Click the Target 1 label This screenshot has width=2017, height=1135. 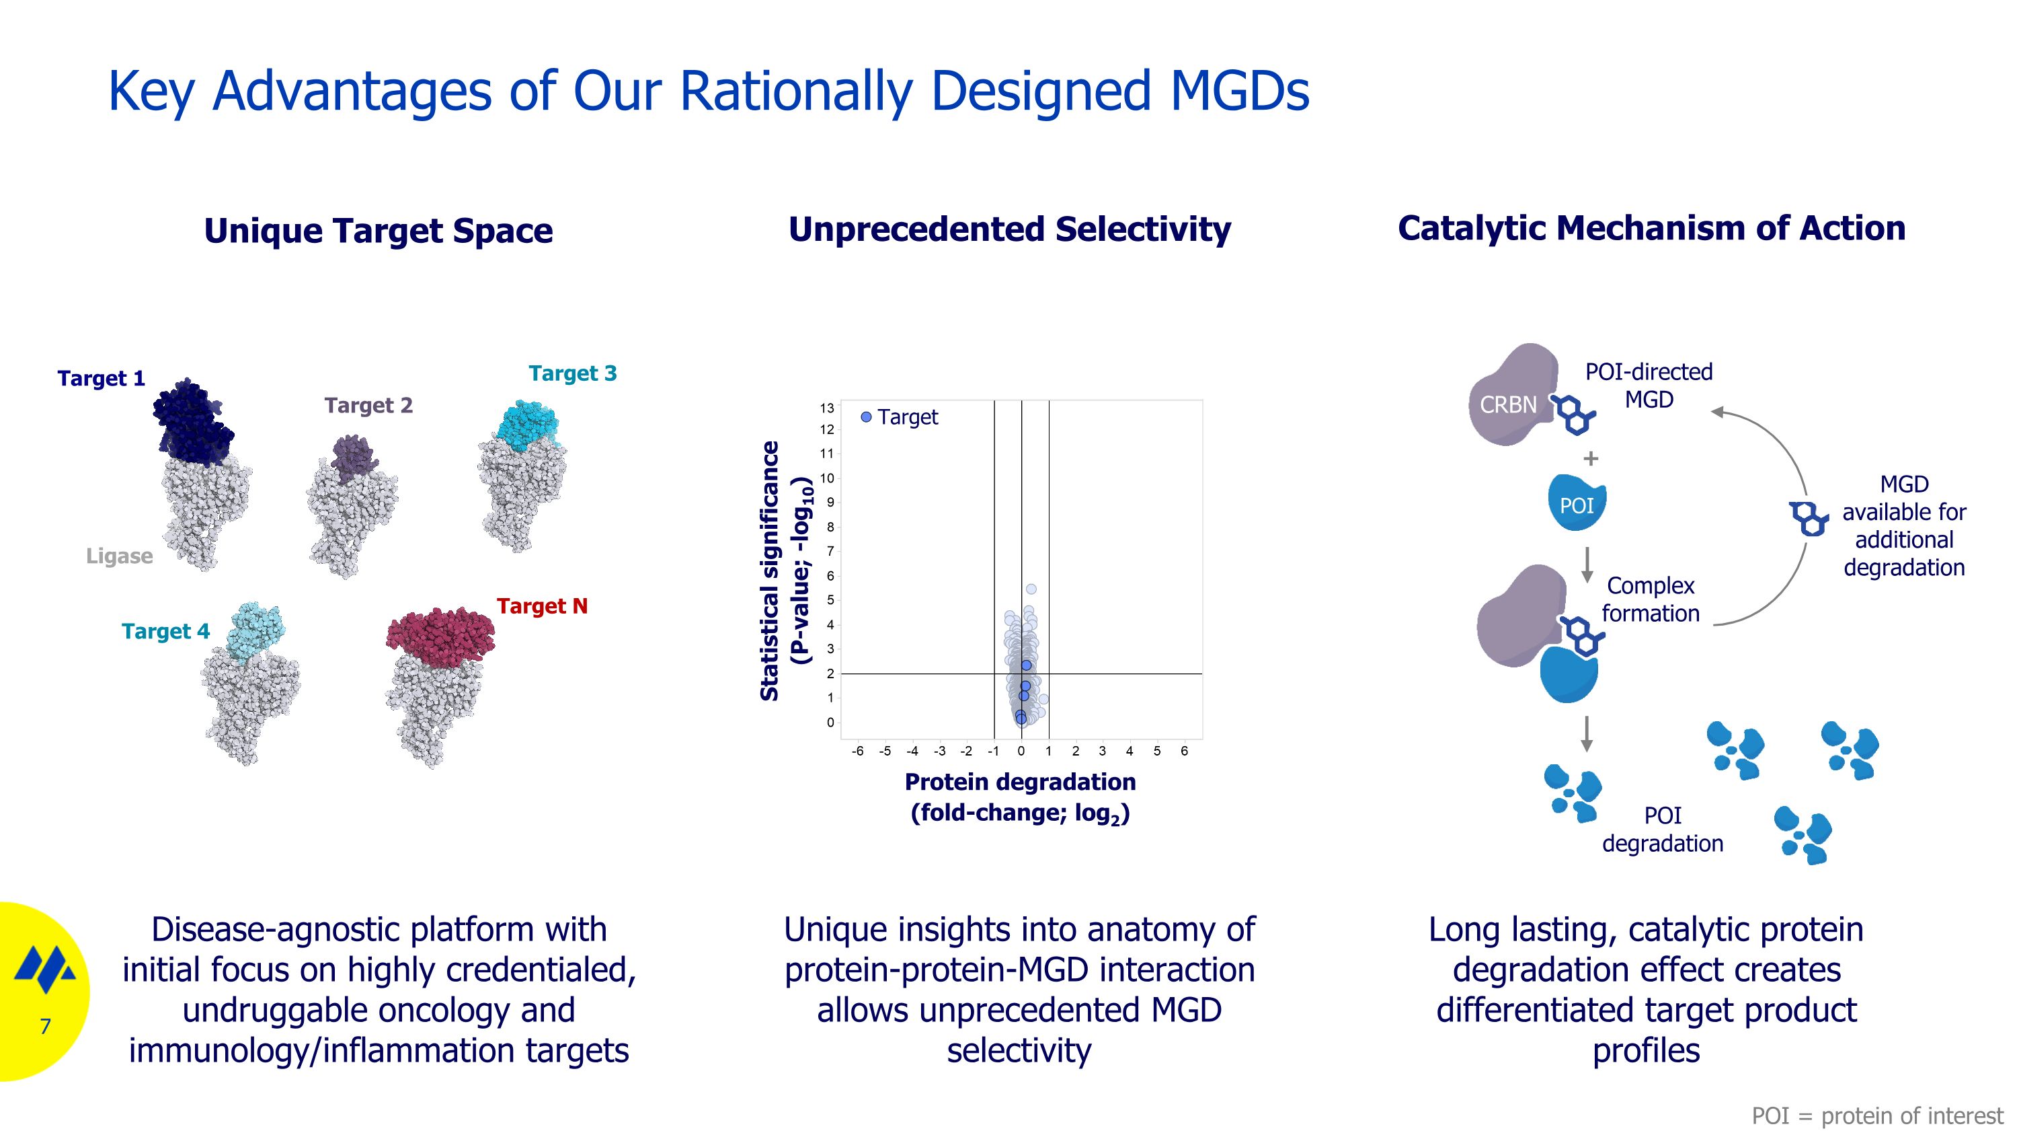101,378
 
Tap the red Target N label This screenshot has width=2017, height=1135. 542,606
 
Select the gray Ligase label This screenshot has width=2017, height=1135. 119,556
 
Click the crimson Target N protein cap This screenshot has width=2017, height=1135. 440,631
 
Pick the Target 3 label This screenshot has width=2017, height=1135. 572,373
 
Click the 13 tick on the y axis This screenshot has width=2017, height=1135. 827,408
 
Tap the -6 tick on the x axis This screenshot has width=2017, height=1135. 857,752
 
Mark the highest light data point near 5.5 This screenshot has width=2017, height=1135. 1031,589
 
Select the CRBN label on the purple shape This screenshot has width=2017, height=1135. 1508,405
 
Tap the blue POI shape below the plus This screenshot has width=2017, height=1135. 1577,504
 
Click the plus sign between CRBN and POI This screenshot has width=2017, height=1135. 1590,458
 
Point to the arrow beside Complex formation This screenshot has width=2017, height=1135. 1587,564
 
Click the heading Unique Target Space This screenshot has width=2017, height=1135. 378,231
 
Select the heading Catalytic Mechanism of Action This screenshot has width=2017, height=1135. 1651,229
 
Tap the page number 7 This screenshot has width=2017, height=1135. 46,1026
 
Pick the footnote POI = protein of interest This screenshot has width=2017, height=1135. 1877,1115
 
